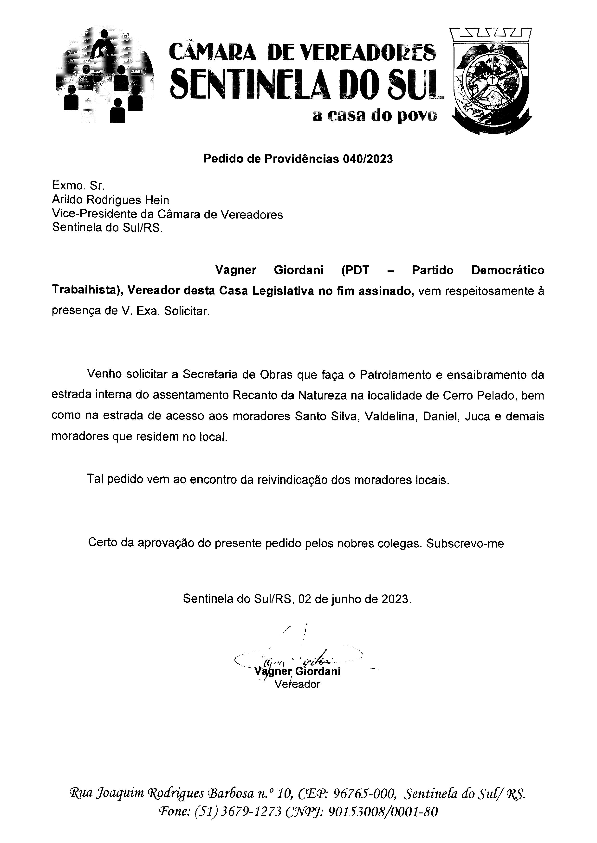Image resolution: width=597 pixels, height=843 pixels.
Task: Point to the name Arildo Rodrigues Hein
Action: pos(111,200)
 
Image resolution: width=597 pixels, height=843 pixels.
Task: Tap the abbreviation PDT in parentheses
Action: pos(355,270)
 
